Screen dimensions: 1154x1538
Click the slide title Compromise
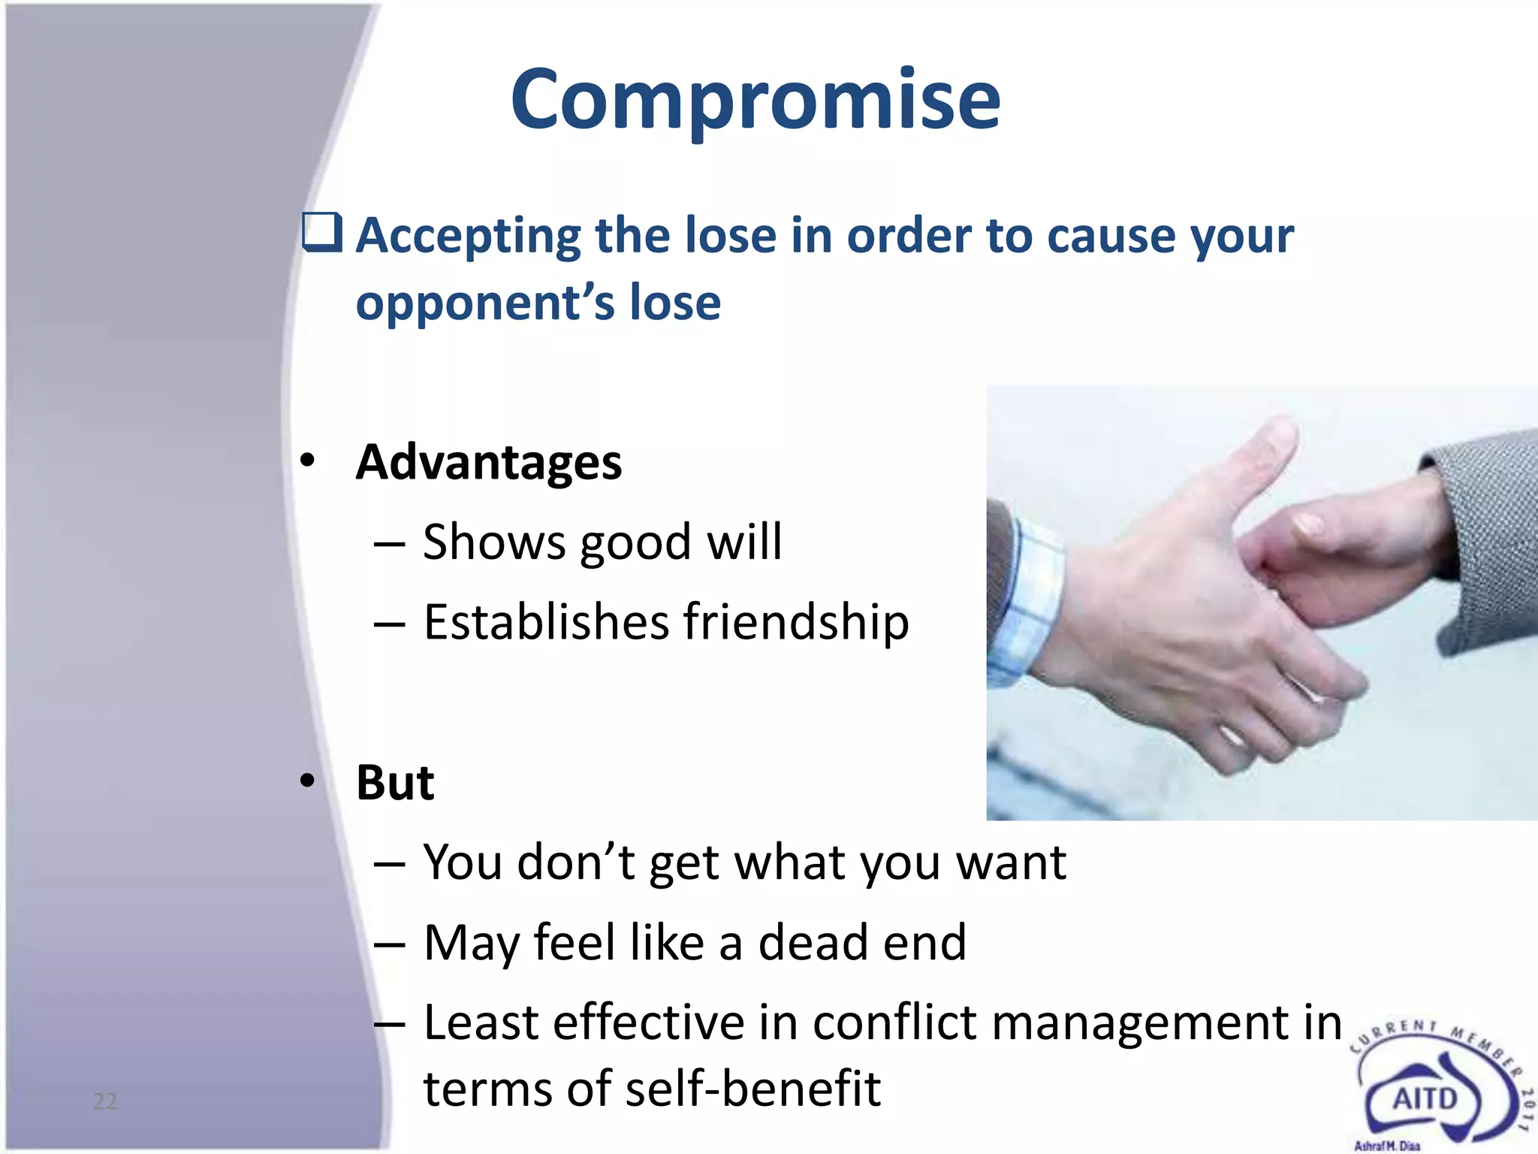pyautogui.click(x=755, y=100)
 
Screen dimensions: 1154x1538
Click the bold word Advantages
pyautogui.click(x=489, y=462)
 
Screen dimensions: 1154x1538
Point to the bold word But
pyautogui.click(x=395, y=783)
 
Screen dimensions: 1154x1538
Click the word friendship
pyautogui.click(x=796, y=623)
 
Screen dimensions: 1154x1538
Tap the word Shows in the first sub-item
pyautogui.click(x=493, y=542)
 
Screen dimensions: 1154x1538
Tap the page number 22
pyautogui.click(x=105, y=1101)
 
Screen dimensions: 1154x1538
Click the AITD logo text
pyautogui.click(x=1425, y=1099)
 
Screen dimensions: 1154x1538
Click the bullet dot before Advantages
pyautogui.click(x=306, y=461)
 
